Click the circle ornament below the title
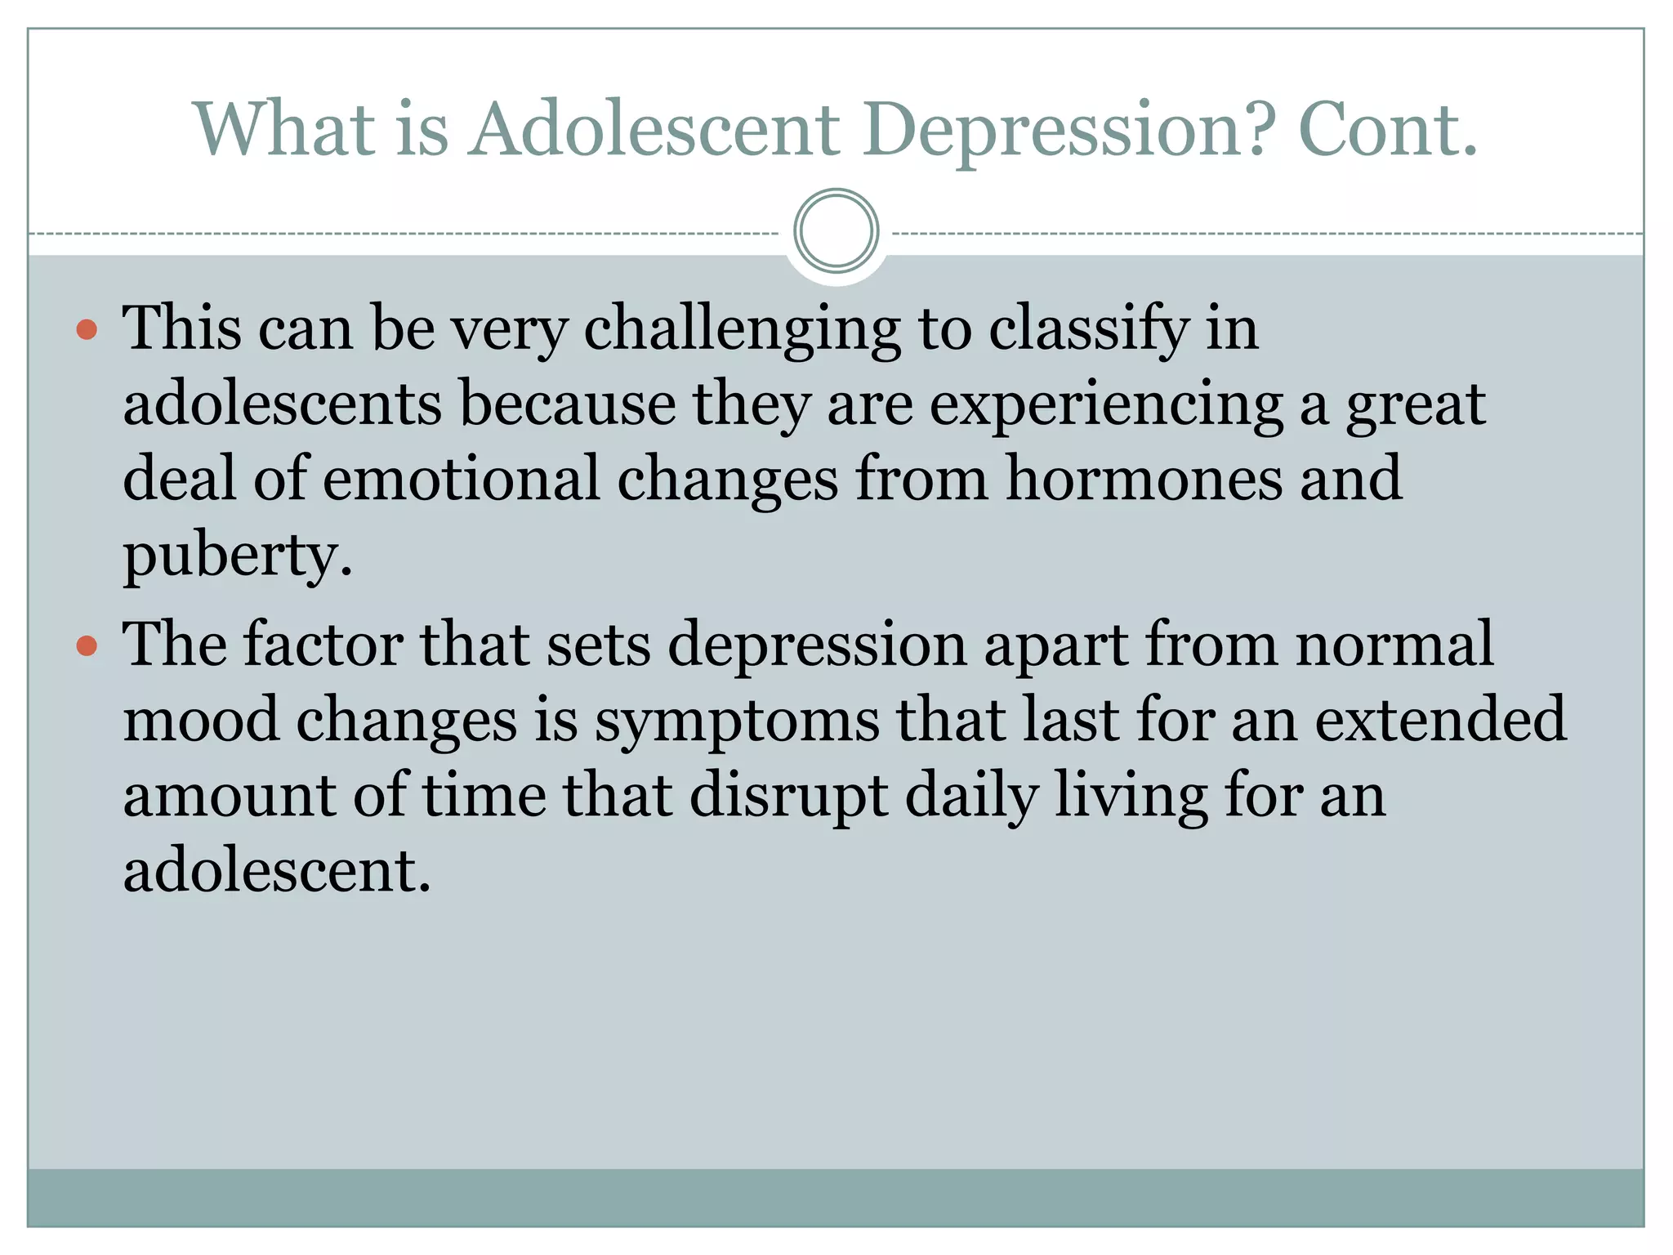pos(836,231)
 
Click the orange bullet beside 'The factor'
pos(87,646)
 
